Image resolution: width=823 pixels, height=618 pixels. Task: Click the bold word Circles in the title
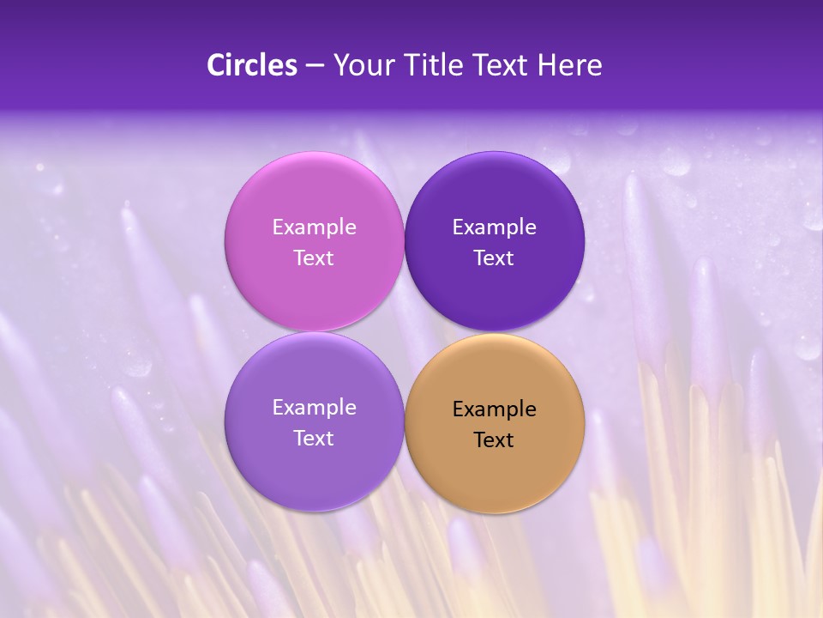click(252, 65)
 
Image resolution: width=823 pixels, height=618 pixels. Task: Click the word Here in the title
click(569, 65)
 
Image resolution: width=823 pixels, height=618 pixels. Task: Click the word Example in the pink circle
click(314, 227)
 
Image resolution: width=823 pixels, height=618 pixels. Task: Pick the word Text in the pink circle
click(314, 257)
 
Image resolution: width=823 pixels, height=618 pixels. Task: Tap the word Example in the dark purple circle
click(495, 227)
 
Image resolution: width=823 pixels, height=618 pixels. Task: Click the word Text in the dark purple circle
click(495, 257)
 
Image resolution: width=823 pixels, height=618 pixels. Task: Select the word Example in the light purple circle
click(314, 407)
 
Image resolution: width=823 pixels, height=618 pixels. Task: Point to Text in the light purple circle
click(314, 438)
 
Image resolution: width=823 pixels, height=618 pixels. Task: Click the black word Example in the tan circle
click(495, 409)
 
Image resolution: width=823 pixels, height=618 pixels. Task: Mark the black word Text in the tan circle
click(495, 439)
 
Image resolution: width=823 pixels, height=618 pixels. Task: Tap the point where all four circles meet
click(405, 331)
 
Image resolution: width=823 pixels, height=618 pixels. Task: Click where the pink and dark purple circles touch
click(405, 241)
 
